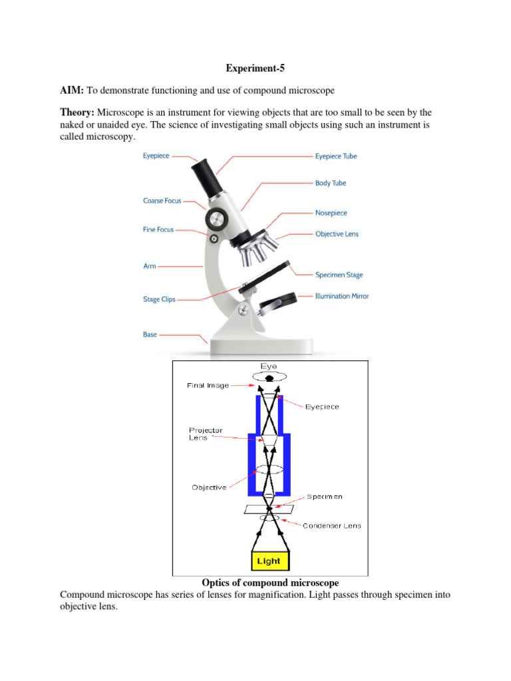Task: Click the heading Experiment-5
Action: (x=255, y=68)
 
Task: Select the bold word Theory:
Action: (x=79, y=112)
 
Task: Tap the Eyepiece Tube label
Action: (x=336, y=156)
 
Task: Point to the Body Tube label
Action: (x=331, y=183)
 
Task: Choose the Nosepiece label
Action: (x=331, y=213)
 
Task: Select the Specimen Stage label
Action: (x=339, y=275)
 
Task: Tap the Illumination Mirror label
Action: (x=342, y=296)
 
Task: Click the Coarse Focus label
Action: (x=162, y=201)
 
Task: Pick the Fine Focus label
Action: (x=158, y=229)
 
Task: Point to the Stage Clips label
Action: (x=159, y=299)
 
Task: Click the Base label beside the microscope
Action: (x=150, y=335)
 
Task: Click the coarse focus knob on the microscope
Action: (x=216, y=217)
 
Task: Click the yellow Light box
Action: (x=270, y=561)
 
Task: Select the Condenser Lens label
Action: (x=332, y=525)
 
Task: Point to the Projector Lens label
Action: (x=206, y=434)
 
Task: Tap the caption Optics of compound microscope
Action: (x=270, y=583)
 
